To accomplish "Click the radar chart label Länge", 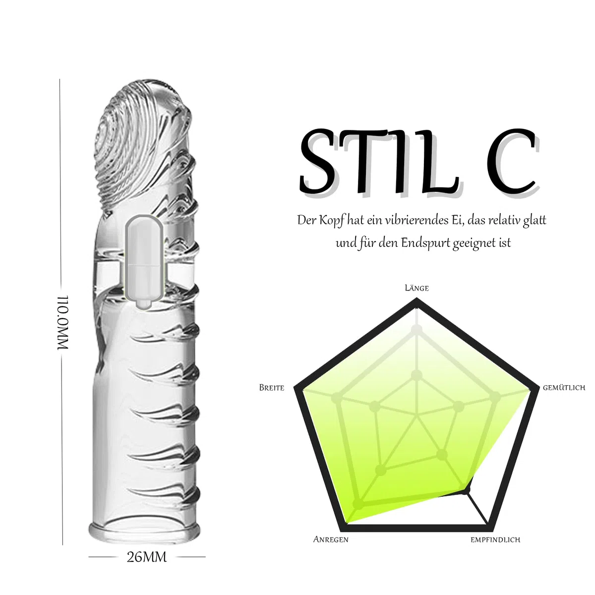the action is click(416, 288).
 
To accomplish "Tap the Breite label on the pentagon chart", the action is click(271, 388).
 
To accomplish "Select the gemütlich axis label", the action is click(564, 388).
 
